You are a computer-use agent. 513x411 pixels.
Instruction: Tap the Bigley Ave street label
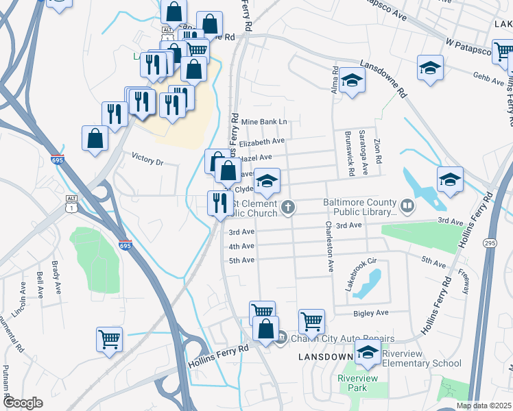(371, 313)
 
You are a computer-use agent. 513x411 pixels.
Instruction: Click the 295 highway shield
(489, 243)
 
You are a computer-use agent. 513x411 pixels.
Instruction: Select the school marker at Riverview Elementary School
(368, 352)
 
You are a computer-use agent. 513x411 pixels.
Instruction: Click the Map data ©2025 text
(484, 406)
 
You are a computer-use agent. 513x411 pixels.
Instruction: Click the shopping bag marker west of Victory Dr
(95, 138)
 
